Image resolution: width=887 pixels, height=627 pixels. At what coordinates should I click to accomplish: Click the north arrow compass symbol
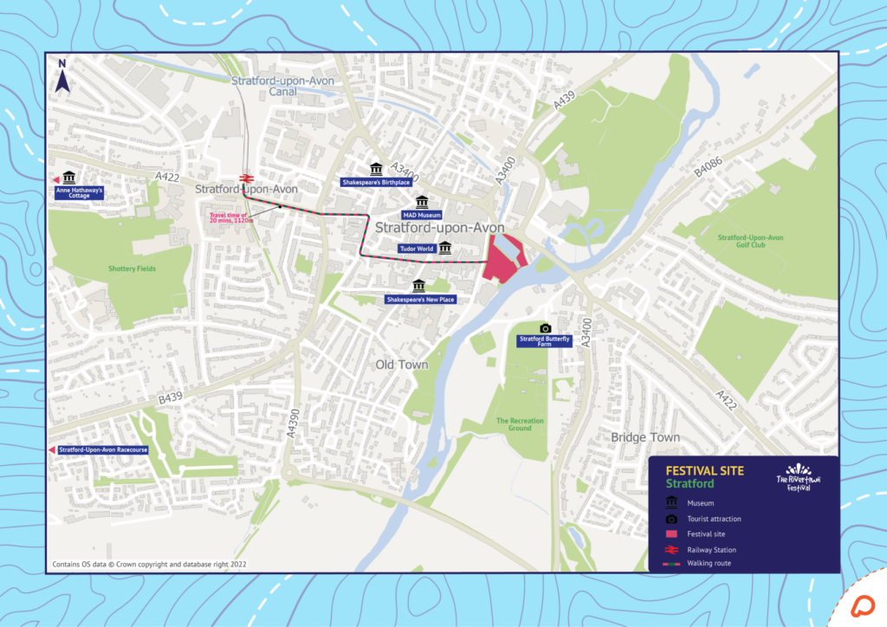(62, 77)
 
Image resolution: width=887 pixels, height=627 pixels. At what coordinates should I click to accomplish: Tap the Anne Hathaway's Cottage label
(79, 192)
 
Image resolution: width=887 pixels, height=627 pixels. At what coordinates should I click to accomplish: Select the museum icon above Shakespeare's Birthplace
(375, 168)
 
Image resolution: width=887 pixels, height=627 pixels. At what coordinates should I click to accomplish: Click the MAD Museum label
(422, 214)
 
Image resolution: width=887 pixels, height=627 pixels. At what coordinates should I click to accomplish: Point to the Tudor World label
(416, 249)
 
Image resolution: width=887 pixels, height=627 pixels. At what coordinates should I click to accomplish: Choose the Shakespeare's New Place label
(419, 300)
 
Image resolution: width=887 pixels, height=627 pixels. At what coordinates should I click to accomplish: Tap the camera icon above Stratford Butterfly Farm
(545, 327)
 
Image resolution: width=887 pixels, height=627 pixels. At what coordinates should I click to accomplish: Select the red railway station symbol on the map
(245, 175)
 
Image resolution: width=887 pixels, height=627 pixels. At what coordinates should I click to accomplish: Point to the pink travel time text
(229, 217)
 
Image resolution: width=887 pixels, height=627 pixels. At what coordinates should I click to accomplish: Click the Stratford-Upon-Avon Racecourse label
(103, 450)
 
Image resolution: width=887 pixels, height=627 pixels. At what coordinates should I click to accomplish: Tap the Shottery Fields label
(133, 269)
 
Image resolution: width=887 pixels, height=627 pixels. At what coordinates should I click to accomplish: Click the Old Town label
(402, 365)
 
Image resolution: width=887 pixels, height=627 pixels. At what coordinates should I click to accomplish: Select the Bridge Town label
(645, 437)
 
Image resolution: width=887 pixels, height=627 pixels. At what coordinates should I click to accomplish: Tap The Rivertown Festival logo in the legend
(798, 477)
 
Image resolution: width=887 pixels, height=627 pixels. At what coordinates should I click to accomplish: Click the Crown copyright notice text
(150, 564)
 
